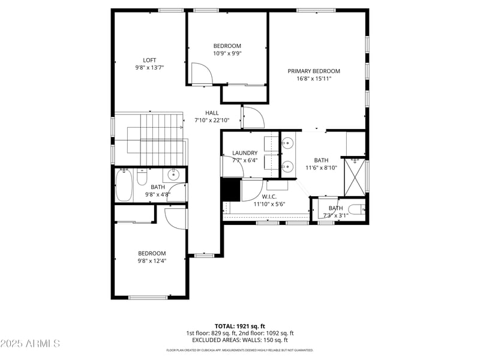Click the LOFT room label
click(149, 60)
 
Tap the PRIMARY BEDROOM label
click(318, 71)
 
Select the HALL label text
click(212, 113)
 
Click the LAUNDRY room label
click(245, 153)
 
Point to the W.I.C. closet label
click(269, 196)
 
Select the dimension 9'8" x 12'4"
click(152, 261)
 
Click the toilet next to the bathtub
click(142, 178)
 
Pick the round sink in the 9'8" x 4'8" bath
click(173, 175)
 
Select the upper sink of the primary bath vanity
click(287, 143)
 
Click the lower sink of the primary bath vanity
click(287, 167)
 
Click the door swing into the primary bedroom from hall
click(253, 117)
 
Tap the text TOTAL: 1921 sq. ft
click(240, 326)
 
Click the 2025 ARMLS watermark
click(30, 344)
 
